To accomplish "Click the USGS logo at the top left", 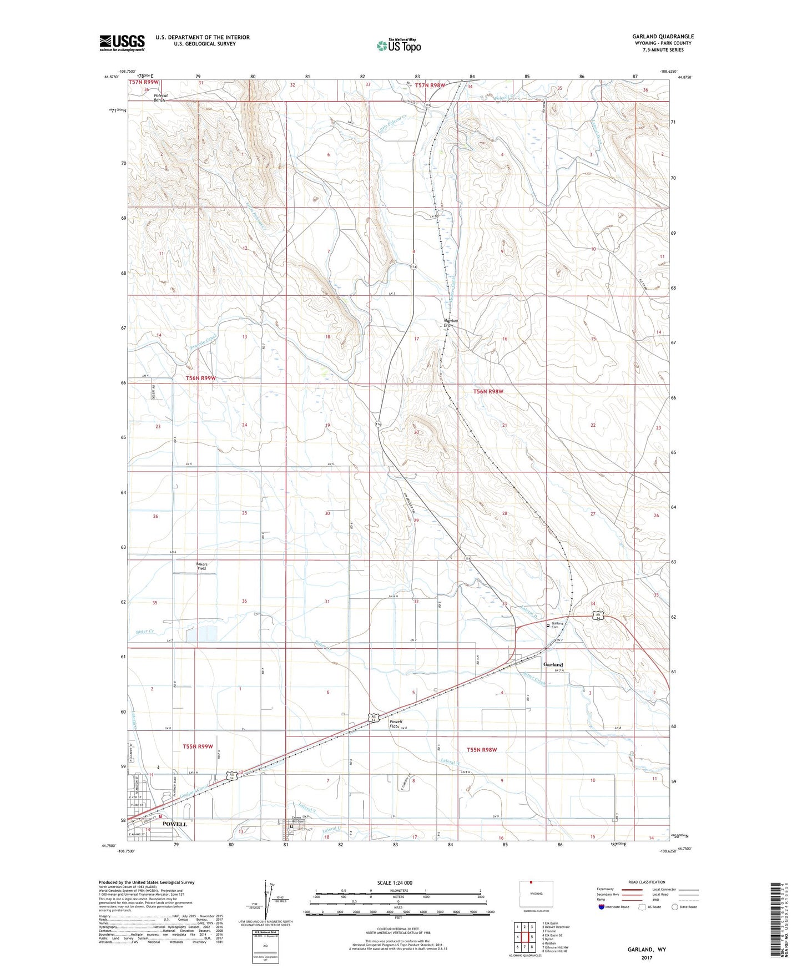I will coord(122,42).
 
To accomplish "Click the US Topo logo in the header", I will coord(398,45).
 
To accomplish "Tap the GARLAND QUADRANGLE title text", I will coord(662,37).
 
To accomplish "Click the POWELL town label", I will coord(174,824).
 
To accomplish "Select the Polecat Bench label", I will coord(162,98).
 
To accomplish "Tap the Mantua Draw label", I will coord(448,322).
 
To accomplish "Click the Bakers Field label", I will coord(201,566).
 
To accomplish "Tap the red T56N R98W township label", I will coord(488,391).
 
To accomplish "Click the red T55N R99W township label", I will coord(198,746).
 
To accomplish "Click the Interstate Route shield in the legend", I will coord(602,907).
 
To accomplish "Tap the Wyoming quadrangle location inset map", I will coord(536,894).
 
